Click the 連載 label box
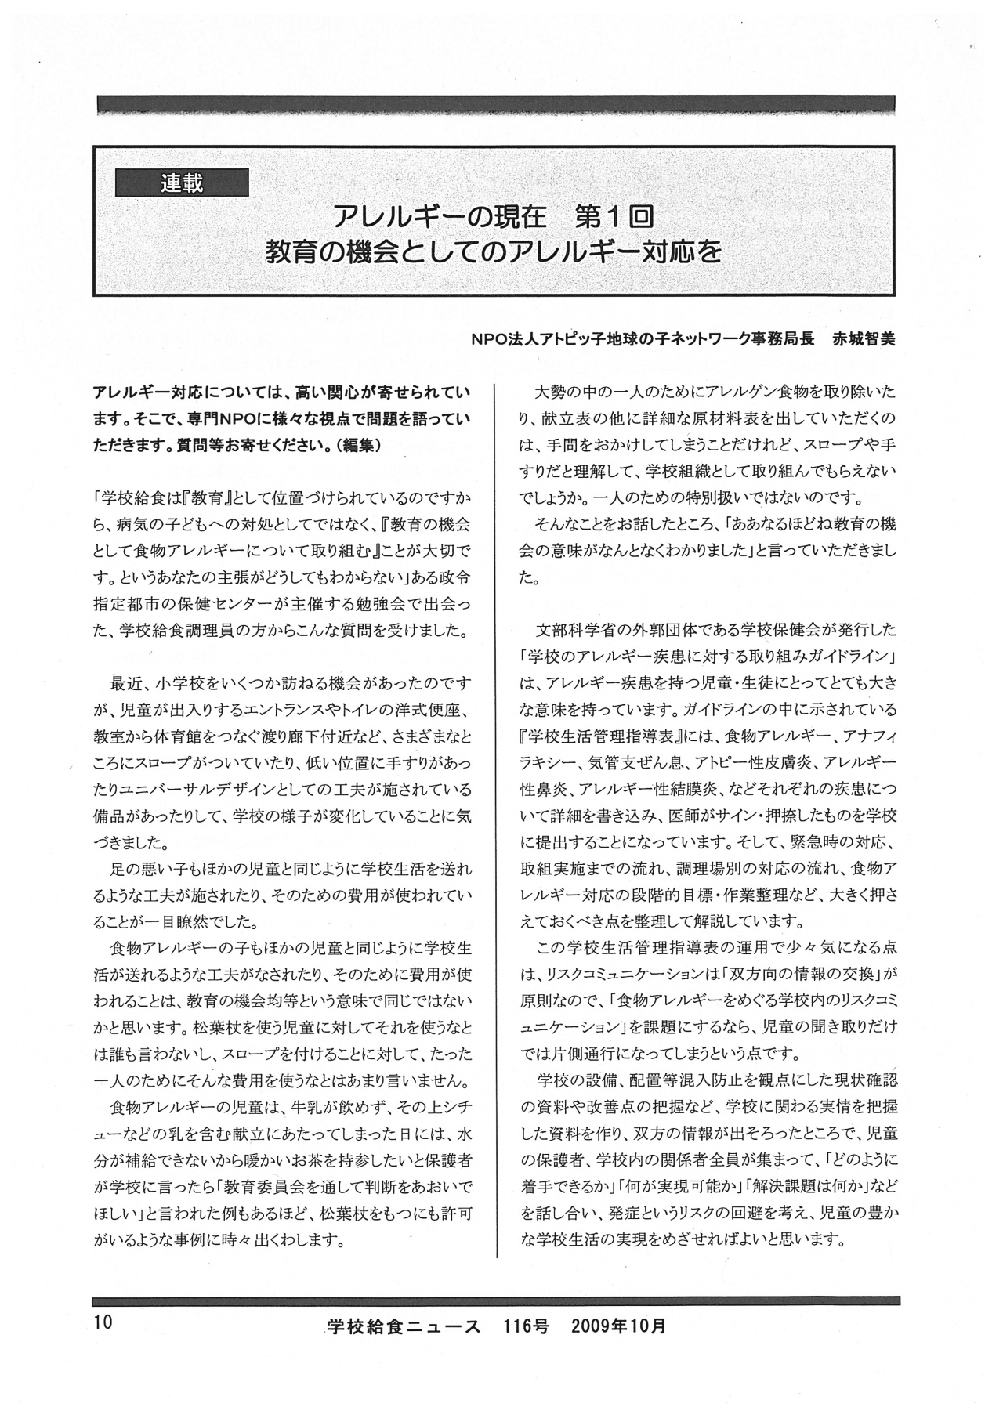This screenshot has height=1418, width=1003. click(x=182, y=183)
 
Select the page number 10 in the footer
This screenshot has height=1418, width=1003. click(x=103, y=1322)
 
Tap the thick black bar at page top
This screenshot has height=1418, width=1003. click(x=495, y=104)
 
